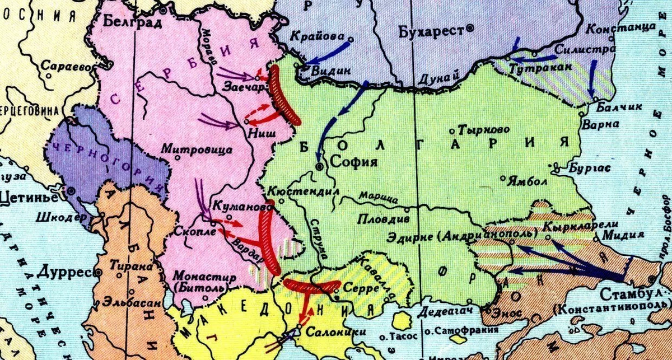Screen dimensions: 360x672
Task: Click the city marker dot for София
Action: (x=319, y=166)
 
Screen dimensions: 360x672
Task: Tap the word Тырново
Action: (x=484, y=130)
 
